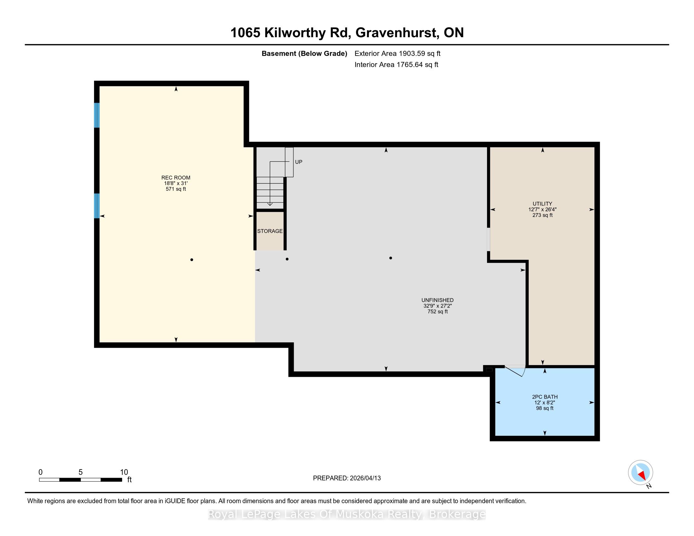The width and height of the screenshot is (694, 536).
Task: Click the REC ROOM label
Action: pos(176,178)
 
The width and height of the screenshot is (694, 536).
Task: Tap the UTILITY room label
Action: pos(543,204)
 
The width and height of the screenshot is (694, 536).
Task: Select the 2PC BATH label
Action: pos(545,397)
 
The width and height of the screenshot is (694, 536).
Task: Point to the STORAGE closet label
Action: pos(270,231)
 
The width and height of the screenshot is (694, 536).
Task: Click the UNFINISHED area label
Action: pos(437,300)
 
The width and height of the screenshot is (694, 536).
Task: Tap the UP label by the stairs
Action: pos(299,162)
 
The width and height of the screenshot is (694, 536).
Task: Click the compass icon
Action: pos(641,472)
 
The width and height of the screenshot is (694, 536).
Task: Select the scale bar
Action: pos(80,480)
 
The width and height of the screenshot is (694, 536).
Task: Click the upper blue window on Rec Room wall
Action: pos(97,115)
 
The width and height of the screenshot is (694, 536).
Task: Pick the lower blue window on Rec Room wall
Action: pos(97,206)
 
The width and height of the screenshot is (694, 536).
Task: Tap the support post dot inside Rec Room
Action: pos(191,260)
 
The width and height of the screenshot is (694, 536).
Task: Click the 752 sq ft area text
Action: pos(438,312)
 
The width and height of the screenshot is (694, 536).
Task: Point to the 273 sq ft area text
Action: pos(543,215)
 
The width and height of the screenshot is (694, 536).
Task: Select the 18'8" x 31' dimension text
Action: pos(176,183)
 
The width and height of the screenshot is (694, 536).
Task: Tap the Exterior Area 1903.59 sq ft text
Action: pos(397,53)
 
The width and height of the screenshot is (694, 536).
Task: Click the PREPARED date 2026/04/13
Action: pos(365,478)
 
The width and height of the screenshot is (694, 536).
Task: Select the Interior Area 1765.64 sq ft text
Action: pos(396,64)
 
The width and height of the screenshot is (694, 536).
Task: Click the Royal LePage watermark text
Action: pos(347,514)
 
